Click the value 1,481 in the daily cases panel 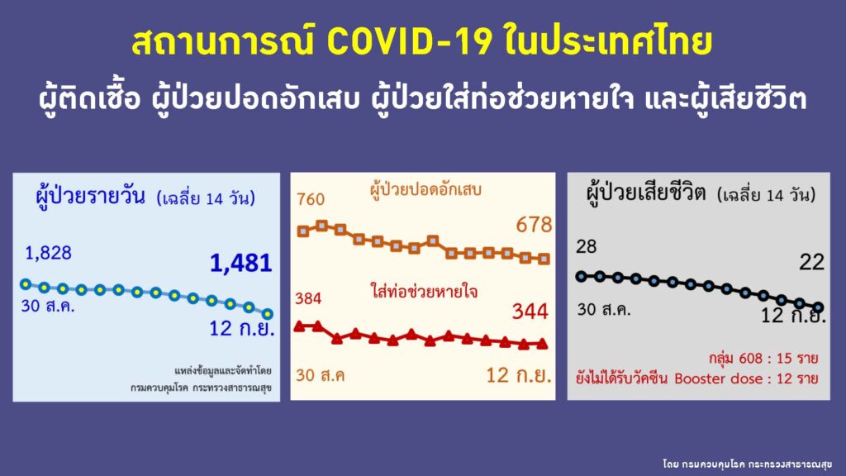(240, 264)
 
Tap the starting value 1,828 (48, 253)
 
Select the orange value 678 (534, 225)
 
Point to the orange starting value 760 (311, 200)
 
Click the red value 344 (530, 312)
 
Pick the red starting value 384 (308, 298)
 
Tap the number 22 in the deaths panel (811, 262)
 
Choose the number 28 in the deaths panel (586, 246)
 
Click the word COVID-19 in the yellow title (410, 42)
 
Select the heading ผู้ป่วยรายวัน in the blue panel (90, 195)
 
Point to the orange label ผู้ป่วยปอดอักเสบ (425, 190)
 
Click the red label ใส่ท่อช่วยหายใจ (424, 292)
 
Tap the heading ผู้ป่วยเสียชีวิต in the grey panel (646, 193)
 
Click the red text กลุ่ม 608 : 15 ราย (763, 359)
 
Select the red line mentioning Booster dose (697, 378)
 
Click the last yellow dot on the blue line (268, 313)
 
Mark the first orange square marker (303, 231)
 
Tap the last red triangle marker (542, 343)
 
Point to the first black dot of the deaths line (581, 276)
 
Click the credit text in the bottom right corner (747, 464)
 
